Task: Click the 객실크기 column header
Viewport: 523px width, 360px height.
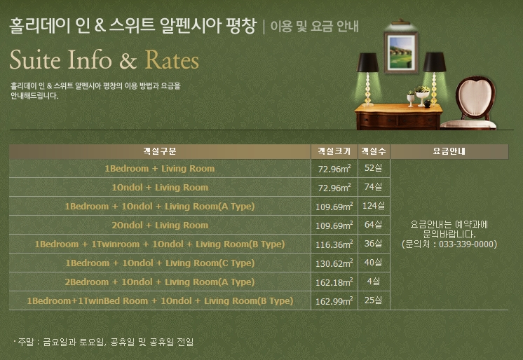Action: [x=334, y=151]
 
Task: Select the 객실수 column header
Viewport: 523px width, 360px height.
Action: [x=373, y=151]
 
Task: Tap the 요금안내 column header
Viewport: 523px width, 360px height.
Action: [x=449, y=151]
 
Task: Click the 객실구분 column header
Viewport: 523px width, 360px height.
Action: [x=160, y=151]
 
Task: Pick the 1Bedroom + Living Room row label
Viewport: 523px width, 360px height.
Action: [x=160, y=169]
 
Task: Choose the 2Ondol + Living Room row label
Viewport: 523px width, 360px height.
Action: [x=160, y=226]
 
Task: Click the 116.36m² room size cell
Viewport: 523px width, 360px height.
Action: [x=334, y=244]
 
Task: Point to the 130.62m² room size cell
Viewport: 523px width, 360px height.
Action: [x=334, y=263]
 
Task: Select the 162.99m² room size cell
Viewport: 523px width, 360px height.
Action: [x=334, y=301]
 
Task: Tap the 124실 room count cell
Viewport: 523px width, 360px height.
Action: [x=374, y=206]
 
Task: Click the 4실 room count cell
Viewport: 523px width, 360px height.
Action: [x=374, y=282]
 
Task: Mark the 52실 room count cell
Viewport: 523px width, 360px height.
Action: [x=374, y=168]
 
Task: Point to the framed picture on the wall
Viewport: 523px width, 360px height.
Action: [x=401, y=50]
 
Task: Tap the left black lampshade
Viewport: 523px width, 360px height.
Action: [x=368, y=62]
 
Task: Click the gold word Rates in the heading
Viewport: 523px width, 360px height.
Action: [x=172, y=60]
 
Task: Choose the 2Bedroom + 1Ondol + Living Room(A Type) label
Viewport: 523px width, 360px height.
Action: [x=160, y=282]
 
